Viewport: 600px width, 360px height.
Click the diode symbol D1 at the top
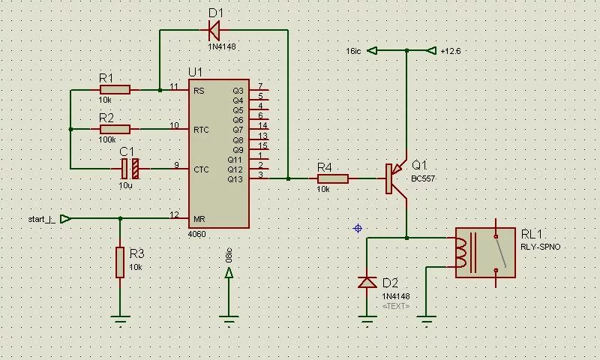point(213,30)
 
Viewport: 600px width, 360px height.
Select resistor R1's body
point(115,90)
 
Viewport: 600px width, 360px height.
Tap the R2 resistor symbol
point(115,129)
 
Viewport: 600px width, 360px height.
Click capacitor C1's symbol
point(130,168)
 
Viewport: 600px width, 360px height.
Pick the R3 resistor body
point(119,262)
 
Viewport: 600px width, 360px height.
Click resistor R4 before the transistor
point(332,178)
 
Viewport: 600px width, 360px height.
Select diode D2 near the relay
point(367,282)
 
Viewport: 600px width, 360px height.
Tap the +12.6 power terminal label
point(451,51)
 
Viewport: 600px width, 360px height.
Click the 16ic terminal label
point(355,51)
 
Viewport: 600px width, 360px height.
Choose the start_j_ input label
point(40,219)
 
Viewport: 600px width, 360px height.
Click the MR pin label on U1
point(199,219)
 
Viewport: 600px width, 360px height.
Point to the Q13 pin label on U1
point(235,178)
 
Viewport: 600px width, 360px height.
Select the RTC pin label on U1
point(201,130)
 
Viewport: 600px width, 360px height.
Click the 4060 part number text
point(196,235)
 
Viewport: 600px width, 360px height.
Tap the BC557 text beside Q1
point(423,179)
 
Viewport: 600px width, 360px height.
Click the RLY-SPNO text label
point(540,247)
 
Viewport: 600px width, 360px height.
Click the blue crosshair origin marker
point(358,228)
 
